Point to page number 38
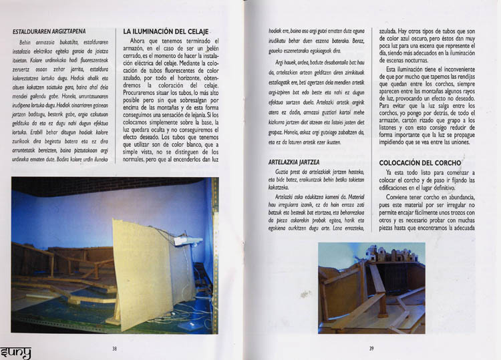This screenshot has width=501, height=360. pos(114,347)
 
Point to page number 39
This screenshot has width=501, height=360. pos(371,347)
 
